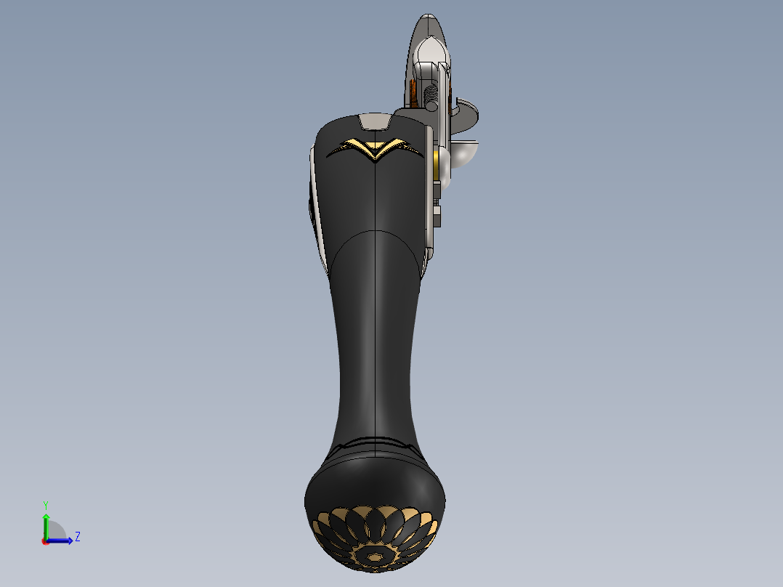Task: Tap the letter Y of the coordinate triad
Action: (45, 504)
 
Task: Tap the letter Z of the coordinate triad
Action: (77, 537)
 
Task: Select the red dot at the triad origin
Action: (45, 541)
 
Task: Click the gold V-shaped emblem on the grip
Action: (375, 149)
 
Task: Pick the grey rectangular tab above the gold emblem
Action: (375, 121)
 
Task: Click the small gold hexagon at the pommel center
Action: (375, 557)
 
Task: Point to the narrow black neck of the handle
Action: (375, 349)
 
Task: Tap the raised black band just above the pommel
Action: (375, 444)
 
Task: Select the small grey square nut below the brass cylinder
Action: (437, 214)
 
